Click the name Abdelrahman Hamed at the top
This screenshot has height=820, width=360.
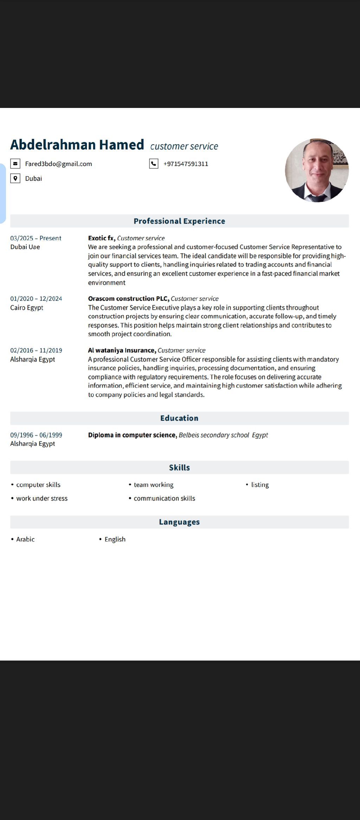tap(77, 145)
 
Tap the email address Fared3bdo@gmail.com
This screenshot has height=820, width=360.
tap(58, 164)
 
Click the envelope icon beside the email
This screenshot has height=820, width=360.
tap(15, 164)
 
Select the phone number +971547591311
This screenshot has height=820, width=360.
tap(186, 164)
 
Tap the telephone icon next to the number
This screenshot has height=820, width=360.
tap(154, 164)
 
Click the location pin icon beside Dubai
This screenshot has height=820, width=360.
tap(15, 178)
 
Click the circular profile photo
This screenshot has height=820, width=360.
tap(317, 170)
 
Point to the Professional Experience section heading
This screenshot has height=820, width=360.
tap(179, 221)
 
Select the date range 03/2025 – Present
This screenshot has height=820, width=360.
tap(36, 238)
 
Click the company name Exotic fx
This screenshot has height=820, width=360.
tap(101, 238)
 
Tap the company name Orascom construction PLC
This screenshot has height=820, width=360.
tap(128, 299)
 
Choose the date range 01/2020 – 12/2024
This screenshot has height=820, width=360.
tap(36, 299)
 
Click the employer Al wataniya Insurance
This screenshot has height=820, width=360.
tap(122, 350)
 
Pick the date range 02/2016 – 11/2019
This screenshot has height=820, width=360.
tap(36, 350)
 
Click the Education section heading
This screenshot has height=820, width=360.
tap(179, 418)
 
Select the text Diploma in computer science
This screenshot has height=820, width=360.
tap(132, 435)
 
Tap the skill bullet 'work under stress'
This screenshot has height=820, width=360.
tap(42, 498)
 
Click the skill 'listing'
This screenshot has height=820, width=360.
tap(260, 485)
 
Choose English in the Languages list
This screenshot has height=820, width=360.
tap(115, 539)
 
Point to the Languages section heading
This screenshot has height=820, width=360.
tap(179, 522)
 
